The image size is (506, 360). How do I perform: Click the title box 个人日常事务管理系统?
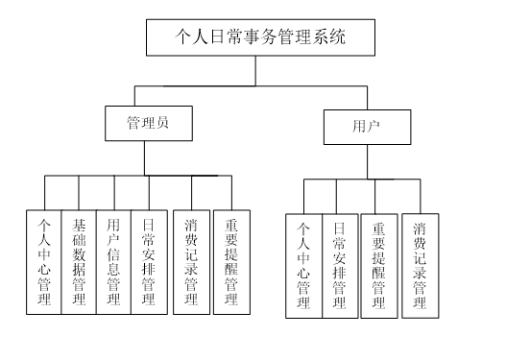point(259,37)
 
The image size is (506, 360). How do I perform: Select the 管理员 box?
point(148,123)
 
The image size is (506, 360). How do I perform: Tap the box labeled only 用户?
point(367,127)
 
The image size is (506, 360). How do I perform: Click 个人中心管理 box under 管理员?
point(44,261)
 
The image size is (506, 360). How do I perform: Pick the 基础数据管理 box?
point(79,261)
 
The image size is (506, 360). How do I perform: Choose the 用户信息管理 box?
point(113,261)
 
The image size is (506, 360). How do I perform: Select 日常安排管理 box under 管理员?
point(148,261)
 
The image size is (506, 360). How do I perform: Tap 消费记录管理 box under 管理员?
point(191,261)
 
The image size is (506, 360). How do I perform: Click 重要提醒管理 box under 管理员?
point(231,261)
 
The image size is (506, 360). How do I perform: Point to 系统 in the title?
point(326,37)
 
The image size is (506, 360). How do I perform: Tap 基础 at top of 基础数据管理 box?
point(79,235)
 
